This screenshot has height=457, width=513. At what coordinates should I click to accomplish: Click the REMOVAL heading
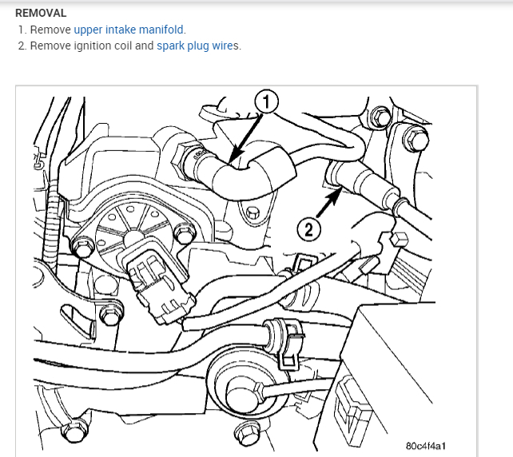click(x=41, y=14)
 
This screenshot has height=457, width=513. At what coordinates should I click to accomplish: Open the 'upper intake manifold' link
click(x=129, y=30)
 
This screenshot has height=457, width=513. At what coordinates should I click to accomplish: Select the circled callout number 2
click(x=310, y=229)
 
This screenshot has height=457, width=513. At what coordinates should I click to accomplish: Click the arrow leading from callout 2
click(x=328, y=205)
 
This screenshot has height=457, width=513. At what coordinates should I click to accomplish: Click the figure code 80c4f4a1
click(x=427, y=444)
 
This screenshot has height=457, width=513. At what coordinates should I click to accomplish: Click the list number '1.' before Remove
click(x=22, y=30)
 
